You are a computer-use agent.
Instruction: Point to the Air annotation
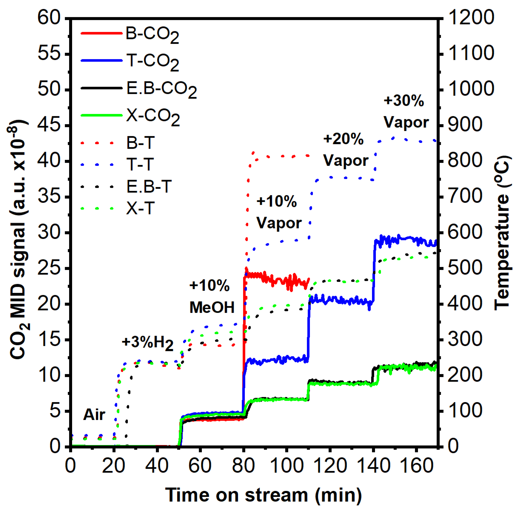94,414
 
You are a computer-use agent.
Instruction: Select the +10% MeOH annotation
212,296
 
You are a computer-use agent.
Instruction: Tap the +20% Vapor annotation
345,150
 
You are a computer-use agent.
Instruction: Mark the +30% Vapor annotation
406,111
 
